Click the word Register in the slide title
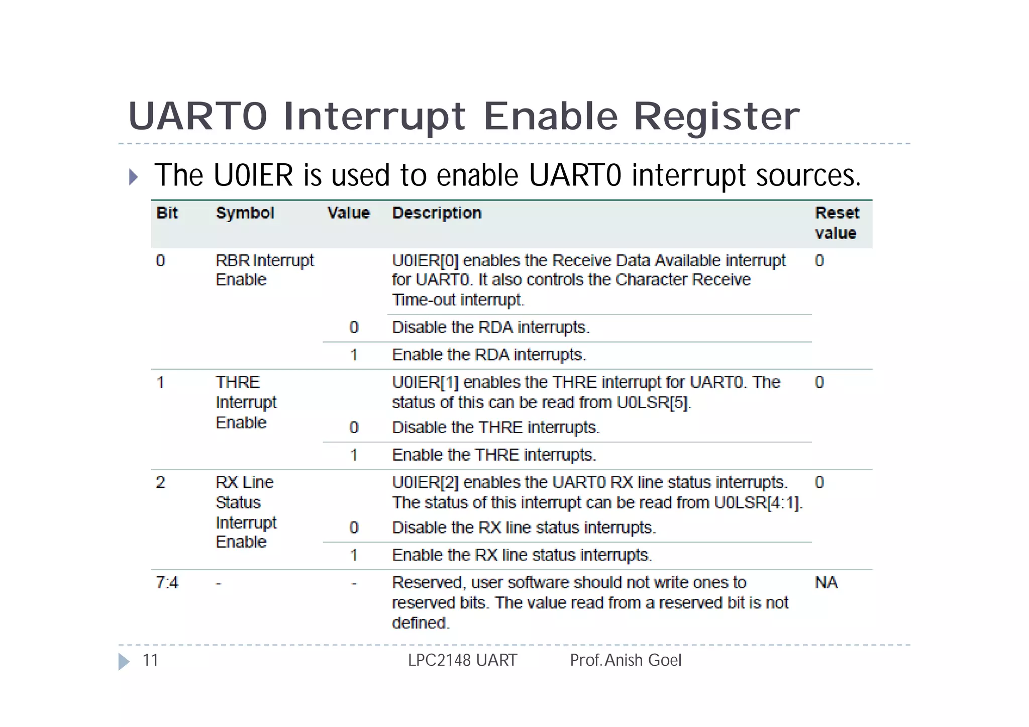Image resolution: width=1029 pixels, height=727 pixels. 716,117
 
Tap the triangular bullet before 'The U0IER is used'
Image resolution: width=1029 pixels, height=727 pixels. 133,177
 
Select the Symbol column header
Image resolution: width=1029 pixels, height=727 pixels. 245,213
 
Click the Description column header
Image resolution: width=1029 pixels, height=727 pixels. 437,213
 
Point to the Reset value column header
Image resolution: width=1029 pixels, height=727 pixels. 837,223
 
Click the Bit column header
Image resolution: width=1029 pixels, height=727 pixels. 167,213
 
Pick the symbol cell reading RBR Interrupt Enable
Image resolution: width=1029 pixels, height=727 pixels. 264,270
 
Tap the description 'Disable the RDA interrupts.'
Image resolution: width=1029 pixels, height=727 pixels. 490,328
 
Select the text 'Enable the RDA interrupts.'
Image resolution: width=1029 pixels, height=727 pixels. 488,355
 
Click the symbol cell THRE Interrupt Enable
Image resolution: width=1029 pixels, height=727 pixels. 246,402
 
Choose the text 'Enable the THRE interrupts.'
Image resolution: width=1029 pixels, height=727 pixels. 493,455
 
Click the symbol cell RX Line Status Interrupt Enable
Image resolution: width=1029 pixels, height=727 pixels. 246,512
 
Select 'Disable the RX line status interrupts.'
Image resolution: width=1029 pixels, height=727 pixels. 524,528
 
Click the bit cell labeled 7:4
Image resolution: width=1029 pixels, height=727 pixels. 167,583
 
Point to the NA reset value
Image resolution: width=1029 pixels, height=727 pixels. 826,583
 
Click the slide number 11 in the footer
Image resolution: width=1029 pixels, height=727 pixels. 150,660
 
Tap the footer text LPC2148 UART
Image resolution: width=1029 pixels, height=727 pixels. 462,660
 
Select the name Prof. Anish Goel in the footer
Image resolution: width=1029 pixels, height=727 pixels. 625,660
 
